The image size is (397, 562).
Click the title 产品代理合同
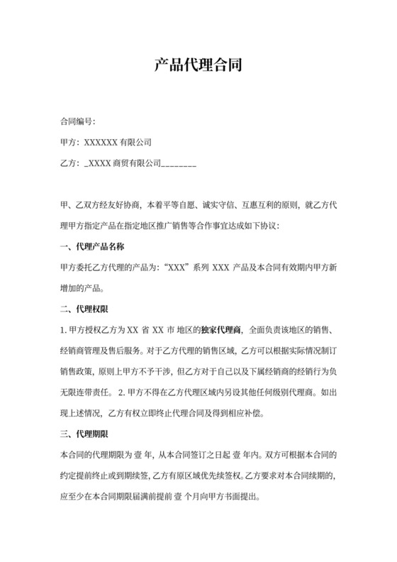tap(198, 67)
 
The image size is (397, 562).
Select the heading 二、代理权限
tap(84, 309)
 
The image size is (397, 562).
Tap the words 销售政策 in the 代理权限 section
tap(77, 371)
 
